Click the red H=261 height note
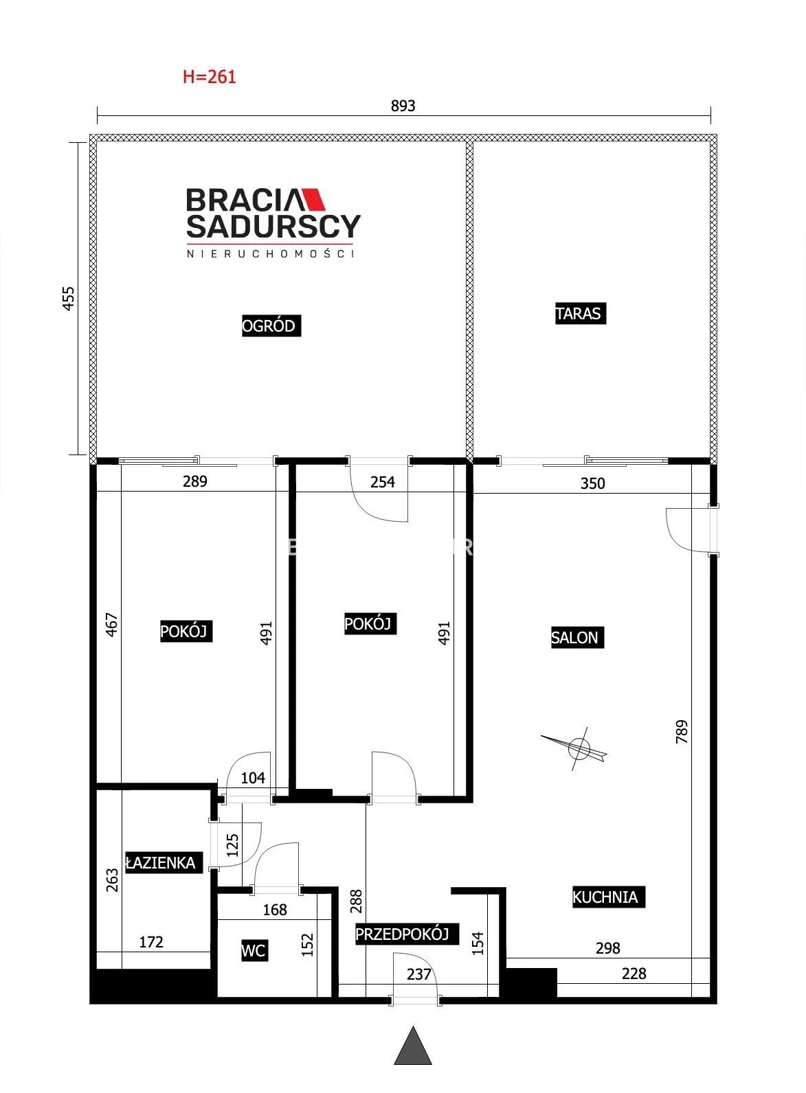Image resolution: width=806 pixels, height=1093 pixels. click(209, 77)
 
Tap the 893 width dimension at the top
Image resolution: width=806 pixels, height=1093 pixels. click(403, 106)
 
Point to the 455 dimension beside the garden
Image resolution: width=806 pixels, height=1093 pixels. click(69, 298)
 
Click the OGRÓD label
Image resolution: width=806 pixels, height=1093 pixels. click(271, 325)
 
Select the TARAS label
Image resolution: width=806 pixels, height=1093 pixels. click(581, 313)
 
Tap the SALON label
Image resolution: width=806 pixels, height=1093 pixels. click(577, 637)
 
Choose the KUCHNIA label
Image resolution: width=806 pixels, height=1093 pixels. click(608, 897)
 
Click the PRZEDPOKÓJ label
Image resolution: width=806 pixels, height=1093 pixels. click(406, 934)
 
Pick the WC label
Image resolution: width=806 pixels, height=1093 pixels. click(254, 950)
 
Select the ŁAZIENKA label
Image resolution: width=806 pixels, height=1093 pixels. click(163, 863)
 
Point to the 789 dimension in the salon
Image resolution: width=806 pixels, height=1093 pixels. click(682, 731)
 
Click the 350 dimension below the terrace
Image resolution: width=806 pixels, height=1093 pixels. click(592, 483)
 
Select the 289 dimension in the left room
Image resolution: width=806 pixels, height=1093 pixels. click(195, 481)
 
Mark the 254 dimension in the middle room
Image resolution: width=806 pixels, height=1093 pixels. click(383, 482)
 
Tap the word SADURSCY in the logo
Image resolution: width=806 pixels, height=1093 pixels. click(273, 227)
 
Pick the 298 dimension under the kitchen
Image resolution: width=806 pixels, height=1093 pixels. click(607, 948)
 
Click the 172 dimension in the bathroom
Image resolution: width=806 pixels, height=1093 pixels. click(151, 942)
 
